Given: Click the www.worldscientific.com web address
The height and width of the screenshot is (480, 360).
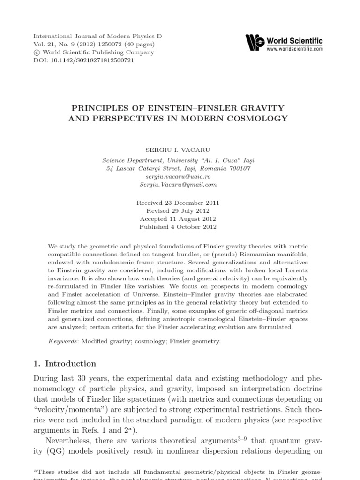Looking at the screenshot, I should coord(294,49).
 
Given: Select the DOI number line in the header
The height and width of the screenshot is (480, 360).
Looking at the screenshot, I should coord(83,60).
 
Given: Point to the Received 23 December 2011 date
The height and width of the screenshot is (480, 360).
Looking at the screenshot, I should coord(178,203).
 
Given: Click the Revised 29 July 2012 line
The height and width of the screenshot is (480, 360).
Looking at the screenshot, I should coord(178,211).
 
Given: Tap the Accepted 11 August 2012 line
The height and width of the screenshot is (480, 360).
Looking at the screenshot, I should coord(178,219).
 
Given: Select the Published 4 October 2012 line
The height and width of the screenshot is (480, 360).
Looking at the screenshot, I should coord(178,227).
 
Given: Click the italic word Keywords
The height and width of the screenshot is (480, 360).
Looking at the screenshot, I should coord(64,341).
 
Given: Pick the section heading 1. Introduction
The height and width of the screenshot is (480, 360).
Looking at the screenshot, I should coord(64,364).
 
